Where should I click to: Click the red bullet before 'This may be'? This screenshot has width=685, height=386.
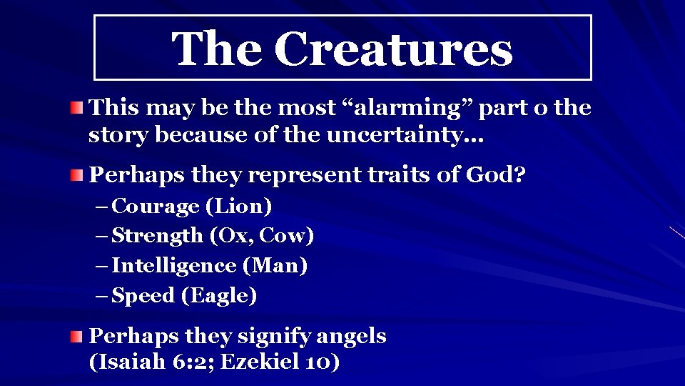tap(76, 109)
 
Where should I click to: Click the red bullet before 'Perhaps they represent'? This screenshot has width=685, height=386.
tap(76, 175)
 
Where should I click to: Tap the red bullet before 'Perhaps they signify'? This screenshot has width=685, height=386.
tap(76, 337)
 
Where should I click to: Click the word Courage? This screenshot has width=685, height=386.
tap(156, 207)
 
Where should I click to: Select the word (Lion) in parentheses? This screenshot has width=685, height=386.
tap(239, 207)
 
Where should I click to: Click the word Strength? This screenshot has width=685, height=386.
tap(158, 235)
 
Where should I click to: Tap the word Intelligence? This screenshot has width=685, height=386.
tap(174, 266)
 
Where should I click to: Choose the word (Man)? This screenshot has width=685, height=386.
tap(275, 266)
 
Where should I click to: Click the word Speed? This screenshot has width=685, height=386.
tap(143, 296)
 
